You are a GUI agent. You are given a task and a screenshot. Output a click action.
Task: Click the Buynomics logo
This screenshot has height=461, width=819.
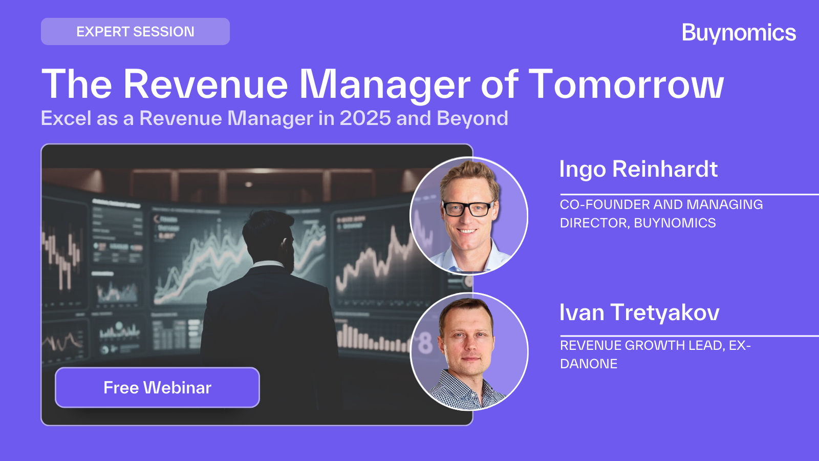pyautogui.click(x=739, y=33)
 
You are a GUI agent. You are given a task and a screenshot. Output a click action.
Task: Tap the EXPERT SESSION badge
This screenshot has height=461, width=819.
pyautogui.click(x=135, y=32)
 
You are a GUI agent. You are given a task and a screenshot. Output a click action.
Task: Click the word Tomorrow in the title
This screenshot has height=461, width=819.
pyautogui.click(x=626, y=84)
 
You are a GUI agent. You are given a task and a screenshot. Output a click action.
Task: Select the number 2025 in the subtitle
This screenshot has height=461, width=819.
pyautogui.click(x=365, y=118)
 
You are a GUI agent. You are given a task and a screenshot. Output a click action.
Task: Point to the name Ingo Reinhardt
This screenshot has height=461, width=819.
pyautogui.click(x=638, y=169)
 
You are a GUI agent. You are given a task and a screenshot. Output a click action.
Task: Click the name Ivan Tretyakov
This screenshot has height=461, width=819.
pyautogui.click(x=639, y=312)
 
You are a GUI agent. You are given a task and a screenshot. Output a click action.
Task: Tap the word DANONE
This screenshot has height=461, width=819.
pyautogui.click(x=589, y=364)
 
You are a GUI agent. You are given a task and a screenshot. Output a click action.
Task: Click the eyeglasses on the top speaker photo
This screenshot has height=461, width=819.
pyautogui.click(x=467, y=209)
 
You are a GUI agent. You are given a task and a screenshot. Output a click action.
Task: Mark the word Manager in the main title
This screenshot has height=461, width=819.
pyautogui.click(x=384, y=84)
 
